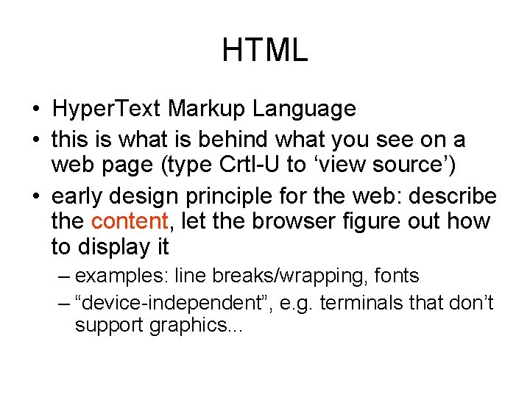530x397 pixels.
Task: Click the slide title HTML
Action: coord(264,51)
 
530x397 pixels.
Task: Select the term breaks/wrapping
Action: coord(290,276)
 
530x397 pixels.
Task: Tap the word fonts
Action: coord(397,276)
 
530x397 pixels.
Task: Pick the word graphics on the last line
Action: coord(190,325)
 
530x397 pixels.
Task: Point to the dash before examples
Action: coord(63,276)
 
